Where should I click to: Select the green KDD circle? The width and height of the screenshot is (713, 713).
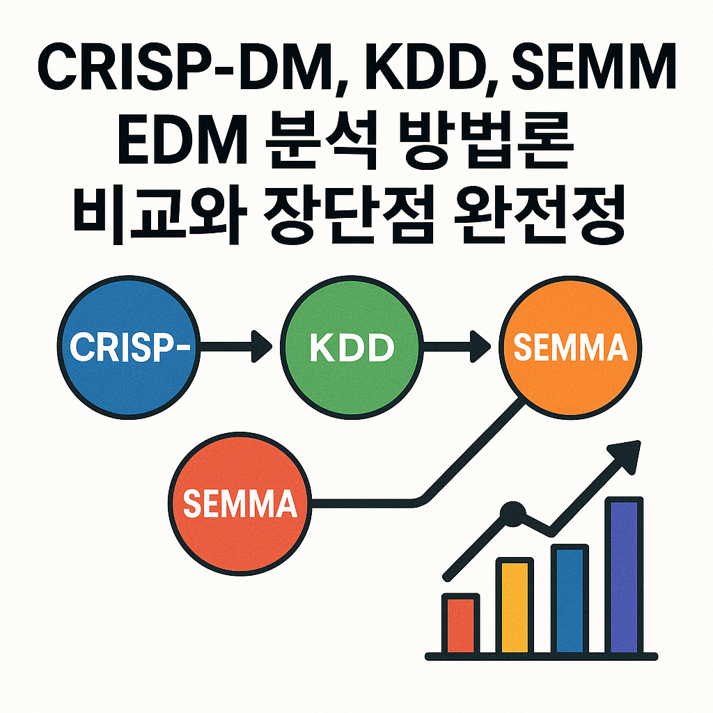(351, 346)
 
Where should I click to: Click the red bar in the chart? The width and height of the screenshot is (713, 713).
(461, 623)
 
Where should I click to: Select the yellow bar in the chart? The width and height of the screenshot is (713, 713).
(514, 606)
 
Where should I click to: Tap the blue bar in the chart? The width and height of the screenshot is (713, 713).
(570, 599)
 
